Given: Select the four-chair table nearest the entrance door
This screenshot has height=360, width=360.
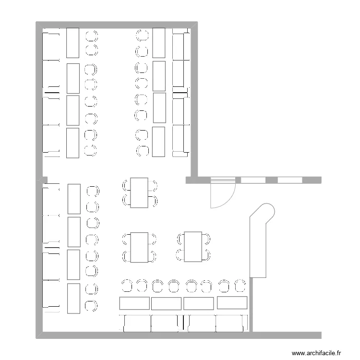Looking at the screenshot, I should coord(140,192).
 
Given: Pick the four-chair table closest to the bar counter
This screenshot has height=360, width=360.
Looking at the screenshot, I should coord(193,247).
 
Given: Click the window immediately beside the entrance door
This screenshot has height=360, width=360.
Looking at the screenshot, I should coord(253,180).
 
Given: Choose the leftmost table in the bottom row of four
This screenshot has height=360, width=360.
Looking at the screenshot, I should coord(134,303).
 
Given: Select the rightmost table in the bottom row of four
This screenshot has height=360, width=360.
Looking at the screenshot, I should coord(232,302).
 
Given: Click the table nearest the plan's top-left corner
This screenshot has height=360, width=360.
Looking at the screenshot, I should coord(72,43).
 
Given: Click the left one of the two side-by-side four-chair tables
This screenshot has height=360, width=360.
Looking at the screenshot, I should coord(140,248).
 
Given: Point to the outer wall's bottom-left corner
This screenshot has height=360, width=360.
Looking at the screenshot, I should coord(39,335).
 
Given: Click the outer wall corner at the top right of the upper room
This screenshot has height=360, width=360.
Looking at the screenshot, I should coord(194,24).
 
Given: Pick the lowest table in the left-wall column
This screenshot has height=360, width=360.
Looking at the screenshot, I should coord(73,299).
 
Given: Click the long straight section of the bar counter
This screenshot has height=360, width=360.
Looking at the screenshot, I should coord(258,250).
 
